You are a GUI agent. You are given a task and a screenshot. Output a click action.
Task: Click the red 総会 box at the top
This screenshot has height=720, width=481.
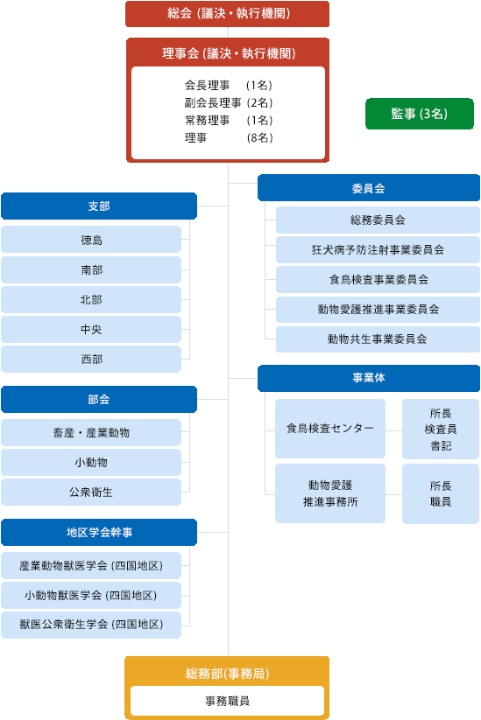227,14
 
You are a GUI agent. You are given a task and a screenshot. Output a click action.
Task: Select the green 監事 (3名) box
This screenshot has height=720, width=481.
419,114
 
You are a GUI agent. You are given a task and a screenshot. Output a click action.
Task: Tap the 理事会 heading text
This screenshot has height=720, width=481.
227,53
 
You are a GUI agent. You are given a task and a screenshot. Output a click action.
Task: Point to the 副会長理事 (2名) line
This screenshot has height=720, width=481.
223,102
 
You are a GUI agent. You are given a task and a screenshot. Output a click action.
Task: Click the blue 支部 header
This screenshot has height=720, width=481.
99,206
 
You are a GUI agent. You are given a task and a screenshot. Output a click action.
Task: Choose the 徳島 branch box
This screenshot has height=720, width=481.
91,240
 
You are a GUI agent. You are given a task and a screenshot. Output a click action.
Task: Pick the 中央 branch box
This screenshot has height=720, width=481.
91,329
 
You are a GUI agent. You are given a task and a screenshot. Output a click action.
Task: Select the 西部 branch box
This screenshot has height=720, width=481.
91,359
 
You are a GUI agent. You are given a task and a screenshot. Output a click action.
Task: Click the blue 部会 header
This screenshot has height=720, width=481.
99,399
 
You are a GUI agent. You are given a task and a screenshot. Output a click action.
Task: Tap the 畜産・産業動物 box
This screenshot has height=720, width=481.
91,433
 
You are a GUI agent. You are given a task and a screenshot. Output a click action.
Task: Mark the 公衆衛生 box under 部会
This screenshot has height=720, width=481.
91,492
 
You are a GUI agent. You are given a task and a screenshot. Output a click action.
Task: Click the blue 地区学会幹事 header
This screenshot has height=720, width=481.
99,532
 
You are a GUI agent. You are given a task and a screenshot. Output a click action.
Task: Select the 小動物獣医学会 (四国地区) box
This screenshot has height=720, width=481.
91,596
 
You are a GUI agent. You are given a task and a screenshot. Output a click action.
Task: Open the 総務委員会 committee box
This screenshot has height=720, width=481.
378,220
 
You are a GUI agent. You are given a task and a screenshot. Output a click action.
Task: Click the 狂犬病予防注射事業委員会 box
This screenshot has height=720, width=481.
378,250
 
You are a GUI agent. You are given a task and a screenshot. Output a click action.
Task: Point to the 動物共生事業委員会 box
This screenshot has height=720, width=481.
378,339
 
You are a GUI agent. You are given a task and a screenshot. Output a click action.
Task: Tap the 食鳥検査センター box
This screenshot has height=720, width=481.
330,429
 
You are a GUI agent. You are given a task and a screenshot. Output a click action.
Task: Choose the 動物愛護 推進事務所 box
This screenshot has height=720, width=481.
330,493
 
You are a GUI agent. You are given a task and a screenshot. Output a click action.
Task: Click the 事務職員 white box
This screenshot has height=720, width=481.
227,701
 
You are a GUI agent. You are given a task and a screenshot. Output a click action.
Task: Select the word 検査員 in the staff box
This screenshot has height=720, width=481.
441,429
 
